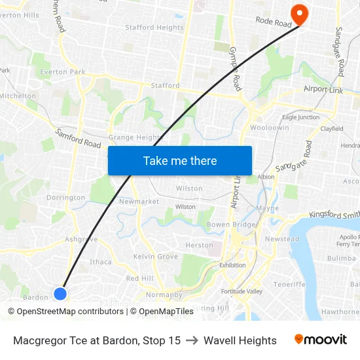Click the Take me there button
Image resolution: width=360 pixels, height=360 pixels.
pos(180,161)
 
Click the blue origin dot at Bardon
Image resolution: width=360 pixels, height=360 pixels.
pos(60,293)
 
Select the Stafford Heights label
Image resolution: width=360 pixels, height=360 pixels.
pos(154,27)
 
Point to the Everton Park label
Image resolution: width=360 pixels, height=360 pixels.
pos(63,72)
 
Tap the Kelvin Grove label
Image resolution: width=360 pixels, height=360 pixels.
pos(156,257)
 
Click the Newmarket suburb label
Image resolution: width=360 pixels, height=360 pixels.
pos(139,202)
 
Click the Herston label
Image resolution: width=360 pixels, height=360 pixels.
pos(199,245)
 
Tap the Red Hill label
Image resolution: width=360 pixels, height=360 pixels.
pos(139,278)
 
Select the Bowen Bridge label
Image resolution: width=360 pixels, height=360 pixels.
pos(231,225)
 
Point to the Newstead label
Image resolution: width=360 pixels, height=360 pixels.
pos(281,239)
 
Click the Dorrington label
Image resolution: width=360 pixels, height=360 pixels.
pos(65,198)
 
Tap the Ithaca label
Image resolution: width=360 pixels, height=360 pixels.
pos(101,262)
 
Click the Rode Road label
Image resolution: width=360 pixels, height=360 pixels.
pos(273,23)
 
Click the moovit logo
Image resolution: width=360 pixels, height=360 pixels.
pos(321,340)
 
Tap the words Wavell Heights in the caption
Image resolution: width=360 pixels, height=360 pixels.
pos(240,340)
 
